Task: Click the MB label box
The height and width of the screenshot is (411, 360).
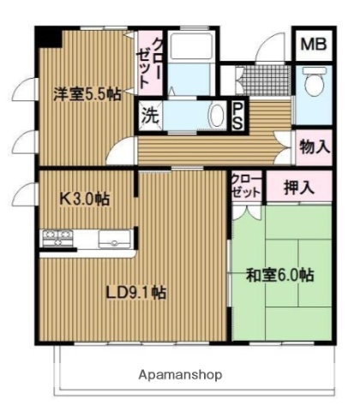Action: point(311,45)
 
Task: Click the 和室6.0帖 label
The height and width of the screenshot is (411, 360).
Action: point(279,277)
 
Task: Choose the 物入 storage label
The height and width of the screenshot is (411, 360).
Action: point(314,146)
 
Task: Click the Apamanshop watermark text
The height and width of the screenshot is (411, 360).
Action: point(180,374)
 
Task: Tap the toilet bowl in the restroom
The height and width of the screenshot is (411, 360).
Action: point(315,83)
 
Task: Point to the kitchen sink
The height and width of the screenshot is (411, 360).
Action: point(112,237)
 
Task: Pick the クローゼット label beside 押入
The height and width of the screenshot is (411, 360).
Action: point(243,187)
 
